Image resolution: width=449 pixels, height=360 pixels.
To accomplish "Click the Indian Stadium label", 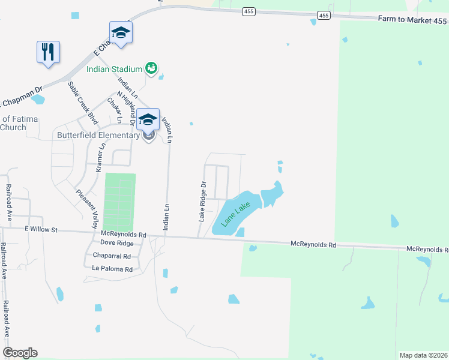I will (x=114, y=69).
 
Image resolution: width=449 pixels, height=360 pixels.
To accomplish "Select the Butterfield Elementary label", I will (x=98, y=135).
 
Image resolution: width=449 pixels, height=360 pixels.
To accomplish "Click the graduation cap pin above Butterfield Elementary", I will (x=148, y=119).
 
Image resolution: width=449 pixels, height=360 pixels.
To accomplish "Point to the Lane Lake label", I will (x=235, y=213).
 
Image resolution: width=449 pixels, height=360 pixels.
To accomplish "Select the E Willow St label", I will (x=41, y=229).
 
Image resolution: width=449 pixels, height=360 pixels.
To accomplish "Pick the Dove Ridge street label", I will (x=116, y=243).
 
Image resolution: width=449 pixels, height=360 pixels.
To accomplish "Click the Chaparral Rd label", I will (x=112, y=256).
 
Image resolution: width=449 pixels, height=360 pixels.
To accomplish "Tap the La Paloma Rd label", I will (x=112, y=269).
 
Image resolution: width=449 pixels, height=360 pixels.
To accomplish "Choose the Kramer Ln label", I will (x=101, y=154).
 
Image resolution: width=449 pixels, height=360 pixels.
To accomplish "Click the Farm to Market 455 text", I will (x=412, y=20).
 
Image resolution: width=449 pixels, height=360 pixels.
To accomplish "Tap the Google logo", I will (x=20, y=353).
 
